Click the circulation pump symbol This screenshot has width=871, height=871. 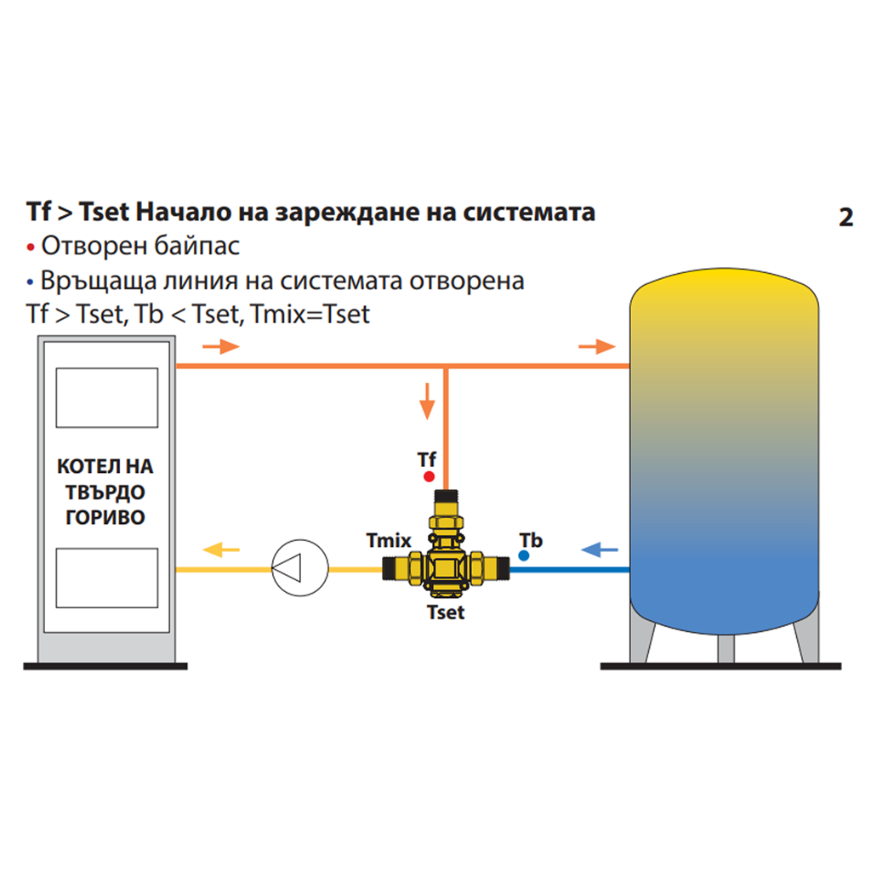click(299, 569)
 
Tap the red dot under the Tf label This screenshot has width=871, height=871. click(429, 476)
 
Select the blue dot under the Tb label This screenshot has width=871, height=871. click(523, 555)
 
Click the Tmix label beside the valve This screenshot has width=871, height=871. click(389, 540)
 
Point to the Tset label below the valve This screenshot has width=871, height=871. click(446, 612)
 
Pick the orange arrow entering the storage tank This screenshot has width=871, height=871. click(596, 346)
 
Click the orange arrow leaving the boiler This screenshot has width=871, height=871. click(221, 346)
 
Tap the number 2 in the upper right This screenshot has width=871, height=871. click(845, 218)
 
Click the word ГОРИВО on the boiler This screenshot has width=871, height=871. click(105, 517)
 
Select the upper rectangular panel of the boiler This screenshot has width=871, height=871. click(106, 397)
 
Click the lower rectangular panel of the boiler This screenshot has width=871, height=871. click(106, 578)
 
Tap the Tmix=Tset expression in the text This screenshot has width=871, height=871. click(312, 315)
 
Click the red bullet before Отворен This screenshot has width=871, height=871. click(31, 248)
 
